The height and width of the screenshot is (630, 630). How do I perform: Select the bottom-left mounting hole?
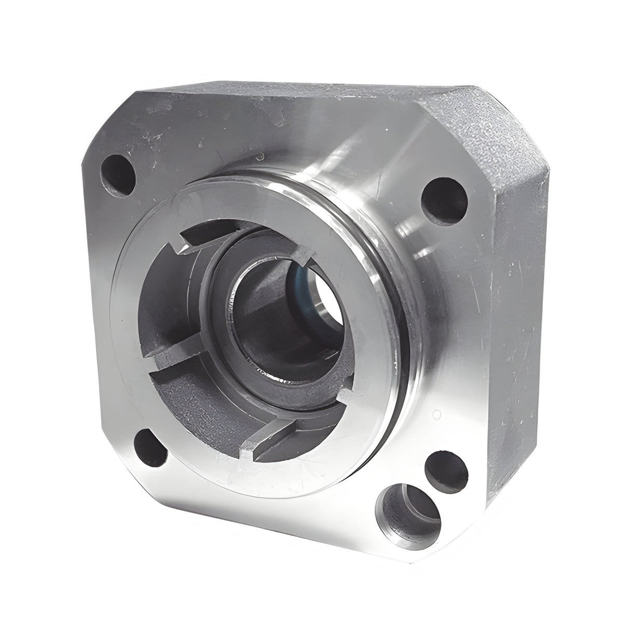pos(150,447)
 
